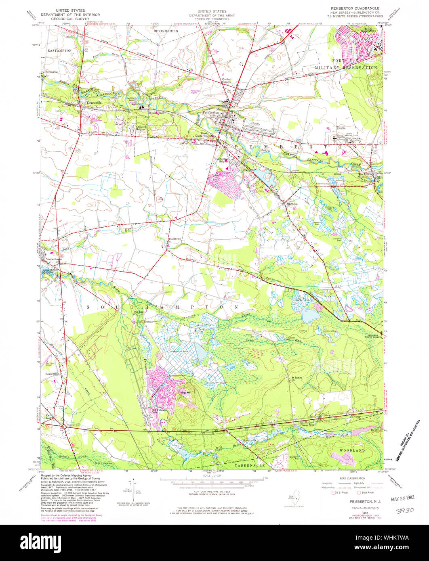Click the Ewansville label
pos(93,103)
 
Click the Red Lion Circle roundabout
pos(64,426)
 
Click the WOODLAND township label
pos(352,450)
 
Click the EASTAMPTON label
pos(59,50)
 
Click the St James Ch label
pos(296,379)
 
